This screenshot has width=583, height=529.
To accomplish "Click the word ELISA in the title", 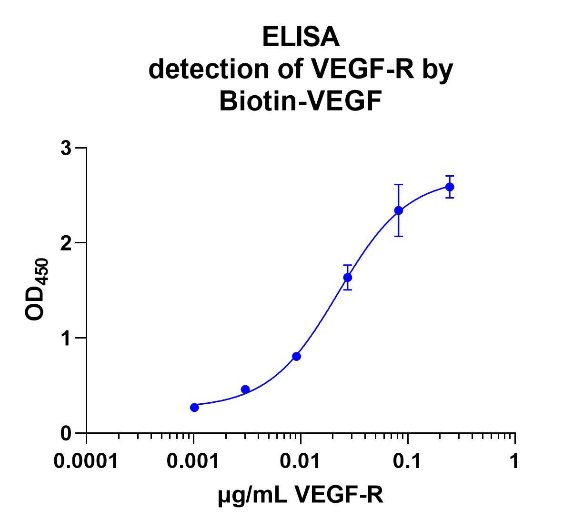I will click(x=301, y=38).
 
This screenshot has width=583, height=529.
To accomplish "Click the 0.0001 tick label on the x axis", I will click(x=86, y=461).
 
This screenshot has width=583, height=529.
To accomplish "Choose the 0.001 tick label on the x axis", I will click(x=193, y=461).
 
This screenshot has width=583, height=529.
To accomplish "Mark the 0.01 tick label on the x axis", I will click(x=301, y=461).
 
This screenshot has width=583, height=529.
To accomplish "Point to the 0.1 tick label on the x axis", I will click(x=408, y=461).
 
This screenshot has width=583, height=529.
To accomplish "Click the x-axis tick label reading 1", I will click(x=514, y=461).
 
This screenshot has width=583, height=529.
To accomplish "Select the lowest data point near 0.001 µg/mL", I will click(x=194, y=407).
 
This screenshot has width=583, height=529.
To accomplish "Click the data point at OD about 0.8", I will click(x=296, y=356).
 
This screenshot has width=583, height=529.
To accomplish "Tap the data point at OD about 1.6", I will click(x=348, y=277).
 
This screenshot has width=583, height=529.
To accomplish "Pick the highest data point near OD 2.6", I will click(x=450, y=187).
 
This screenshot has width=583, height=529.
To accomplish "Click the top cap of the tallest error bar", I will click(x=399, y=184).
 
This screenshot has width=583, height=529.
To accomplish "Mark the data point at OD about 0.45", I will click(x=245, y=389).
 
